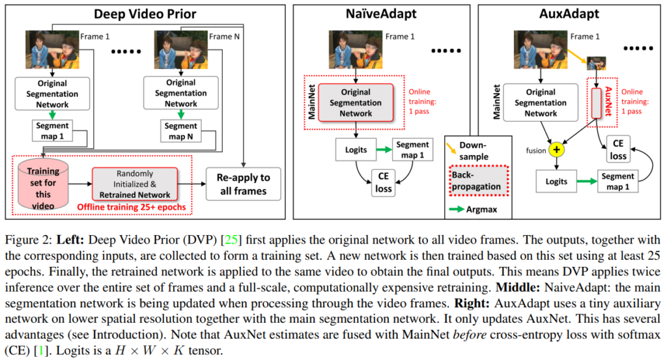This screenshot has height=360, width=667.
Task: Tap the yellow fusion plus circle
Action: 557,150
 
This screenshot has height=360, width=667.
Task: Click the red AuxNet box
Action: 597,101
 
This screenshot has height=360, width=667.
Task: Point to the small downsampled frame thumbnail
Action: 597,62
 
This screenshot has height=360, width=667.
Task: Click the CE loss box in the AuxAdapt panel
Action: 618,149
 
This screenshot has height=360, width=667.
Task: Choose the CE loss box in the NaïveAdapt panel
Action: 384,182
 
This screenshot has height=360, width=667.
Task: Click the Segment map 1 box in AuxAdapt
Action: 618,182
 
